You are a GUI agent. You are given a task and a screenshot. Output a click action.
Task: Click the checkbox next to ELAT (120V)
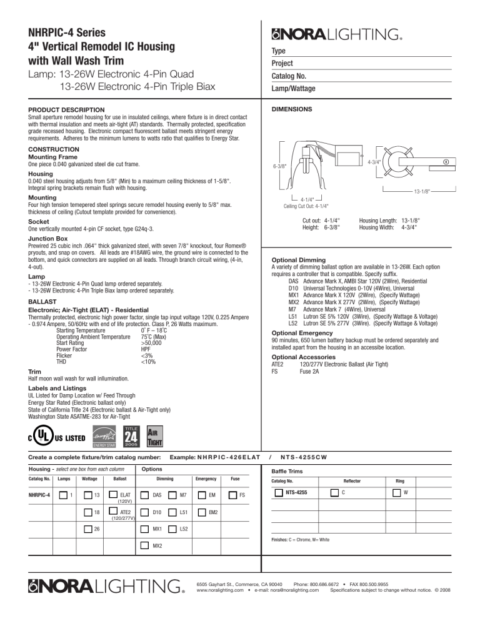click(x=114, y=495)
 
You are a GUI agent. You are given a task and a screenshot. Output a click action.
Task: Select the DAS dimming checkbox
click(x=142, y=495)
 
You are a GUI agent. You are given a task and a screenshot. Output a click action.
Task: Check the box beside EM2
click(x=202, y=512)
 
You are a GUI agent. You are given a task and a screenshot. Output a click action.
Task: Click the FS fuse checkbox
click(x=232, y=495)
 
